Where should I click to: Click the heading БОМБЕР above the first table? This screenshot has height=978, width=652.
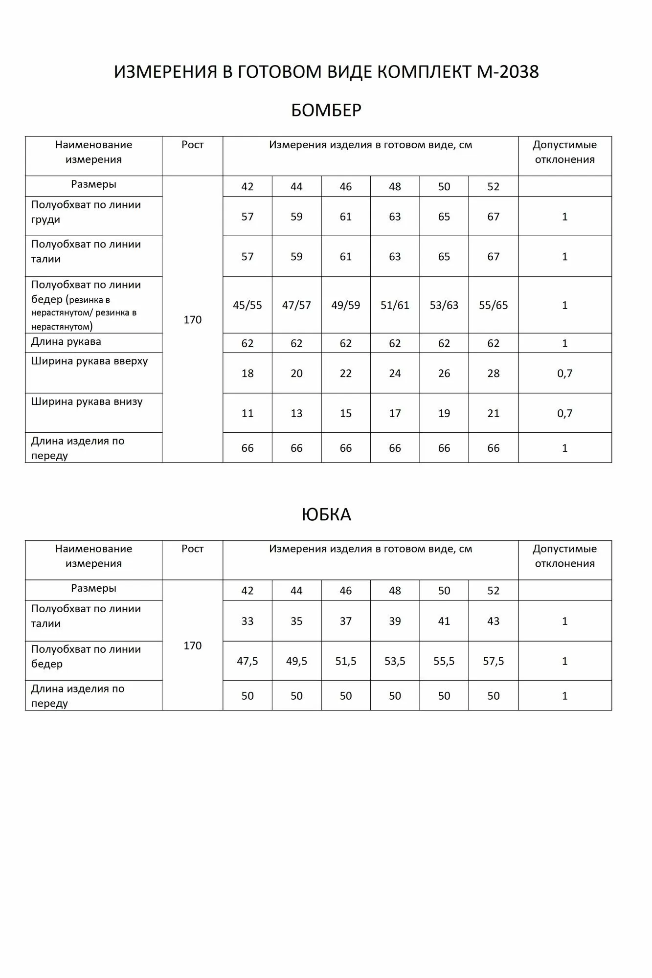click(326, 111)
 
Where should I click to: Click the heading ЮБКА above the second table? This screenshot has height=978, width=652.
click(326, 514)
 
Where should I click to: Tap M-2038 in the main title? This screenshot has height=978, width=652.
click(507, 72)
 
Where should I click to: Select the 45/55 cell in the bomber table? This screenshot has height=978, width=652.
click(247, 305)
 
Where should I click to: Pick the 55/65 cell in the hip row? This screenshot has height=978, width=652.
click(493, 305)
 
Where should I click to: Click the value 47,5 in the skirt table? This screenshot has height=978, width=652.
click(247, 661)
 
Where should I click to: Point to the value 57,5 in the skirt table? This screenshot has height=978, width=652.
click(493, 661)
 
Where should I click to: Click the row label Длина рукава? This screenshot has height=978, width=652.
click(66, 342)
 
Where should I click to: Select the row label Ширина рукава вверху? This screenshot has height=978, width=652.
click(90, 361)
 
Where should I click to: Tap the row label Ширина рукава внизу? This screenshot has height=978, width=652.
click(87, 402)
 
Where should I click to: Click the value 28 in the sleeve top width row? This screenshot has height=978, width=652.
click(493, 374)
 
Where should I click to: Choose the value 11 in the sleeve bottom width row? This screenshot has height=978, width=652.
click(247, 414)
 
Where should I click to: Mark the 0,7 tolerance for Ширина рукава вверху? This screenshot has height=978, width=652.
click(564, 374)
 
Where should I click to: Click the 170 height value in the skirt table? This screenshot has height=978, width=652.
click(192, 645)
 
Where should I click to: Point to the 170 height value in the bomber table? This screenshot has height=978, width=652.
click(192, 320)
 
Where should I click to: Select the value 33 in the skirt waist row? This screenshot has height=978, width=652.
click(247, 621)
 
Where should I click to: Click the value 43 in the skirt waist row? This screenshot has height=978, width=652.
click(493, 621)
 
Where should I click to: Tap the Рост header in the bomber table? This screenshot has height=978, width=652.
click(192, 145)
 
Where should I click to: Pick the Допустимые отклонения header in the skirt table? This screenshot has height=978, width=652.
click(564, 556)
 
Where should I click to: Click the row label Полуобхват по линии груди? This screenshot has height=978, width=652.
click(86, 212)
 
